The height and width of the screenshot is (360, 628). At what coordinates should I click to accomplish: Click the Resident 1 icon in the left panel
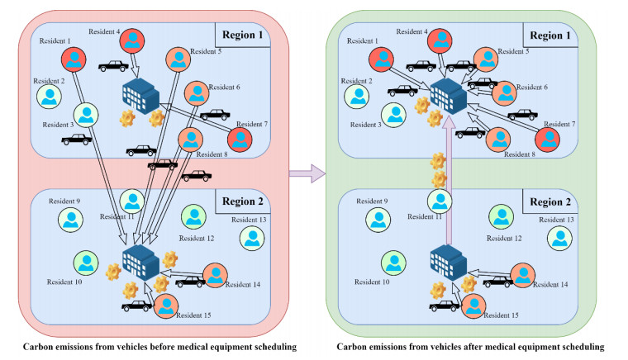(x=74, y=58)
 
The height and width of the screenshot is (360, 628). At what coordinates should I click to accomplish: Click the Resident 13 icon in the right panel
(x=559, y=238)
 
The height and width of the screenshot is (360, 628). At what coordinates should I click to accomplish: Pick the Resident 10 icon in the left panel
(x=86, y=263)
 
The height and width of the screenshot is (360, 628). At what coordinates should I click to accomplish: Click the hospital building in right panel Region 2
(x=443, y=262)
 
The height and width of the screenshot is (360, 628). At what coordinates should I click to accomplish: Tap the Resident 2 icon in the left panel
(x=50, y=97)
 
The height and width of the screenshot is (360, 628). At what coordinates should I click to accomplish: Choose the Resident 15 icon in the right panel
(x=473, y=306)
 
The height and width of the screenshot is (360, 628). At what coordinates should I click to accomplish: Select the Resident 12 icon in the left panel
(x=193, y=217)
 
